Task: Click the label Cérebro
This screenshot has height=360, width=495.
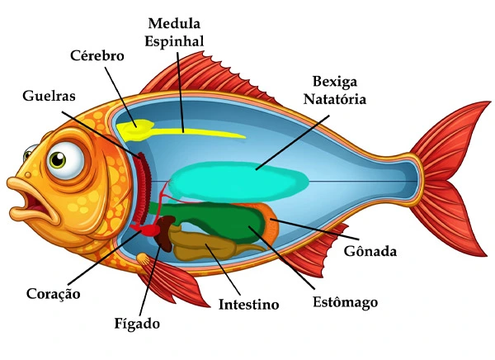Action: coord(97,56)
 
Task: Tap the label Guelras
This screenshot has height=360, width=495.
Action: coord(49,96)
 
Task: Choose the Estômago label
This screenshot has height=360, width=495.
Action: coord(346,302)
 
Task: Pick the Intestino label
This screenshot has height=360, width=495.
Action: coord(248,305)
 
